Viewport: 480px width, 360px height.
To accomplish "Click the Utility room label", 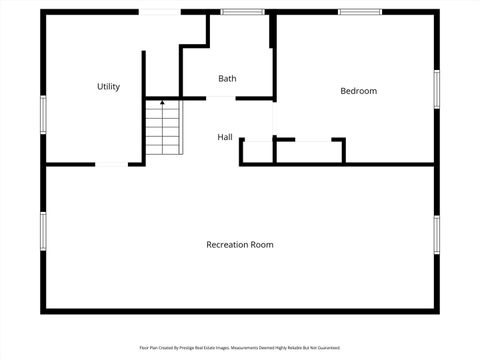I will pos(108,87).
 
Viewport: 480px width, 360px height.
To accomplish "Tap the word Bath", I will pos(227,78).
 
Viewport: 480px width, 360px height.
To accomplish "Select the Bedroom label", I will pos(358,91).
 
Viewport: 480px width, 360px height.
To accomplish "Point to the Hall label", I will pos(225,137).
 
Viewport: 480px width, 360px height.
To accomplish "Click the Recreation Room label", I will pos(239,244).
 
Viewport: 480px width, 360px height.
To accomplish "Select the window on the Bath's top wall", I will pos(235,12).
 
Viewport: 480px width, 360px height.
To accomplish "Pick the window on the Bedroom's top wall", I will pos(360,12).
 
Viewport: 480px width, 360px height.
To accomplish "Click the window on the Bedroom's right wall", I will pos(436,88).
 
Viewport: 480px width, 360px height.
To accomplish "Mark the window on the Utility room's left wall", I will pos(42,112).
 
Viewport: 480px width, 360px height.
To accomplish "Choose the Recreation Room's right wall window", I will pos(436,235).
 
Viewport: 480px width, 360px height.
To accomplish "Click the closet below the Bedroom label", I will pos(309,151).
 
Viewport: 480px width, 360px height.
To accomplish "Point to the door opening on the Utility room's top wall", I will pos(160,12).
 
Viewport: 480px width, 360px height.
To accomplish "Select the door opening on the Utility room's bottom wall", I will pos(111,164).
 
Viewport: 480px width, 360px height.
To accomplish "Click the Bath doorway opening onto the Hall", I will pos(221,98).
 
